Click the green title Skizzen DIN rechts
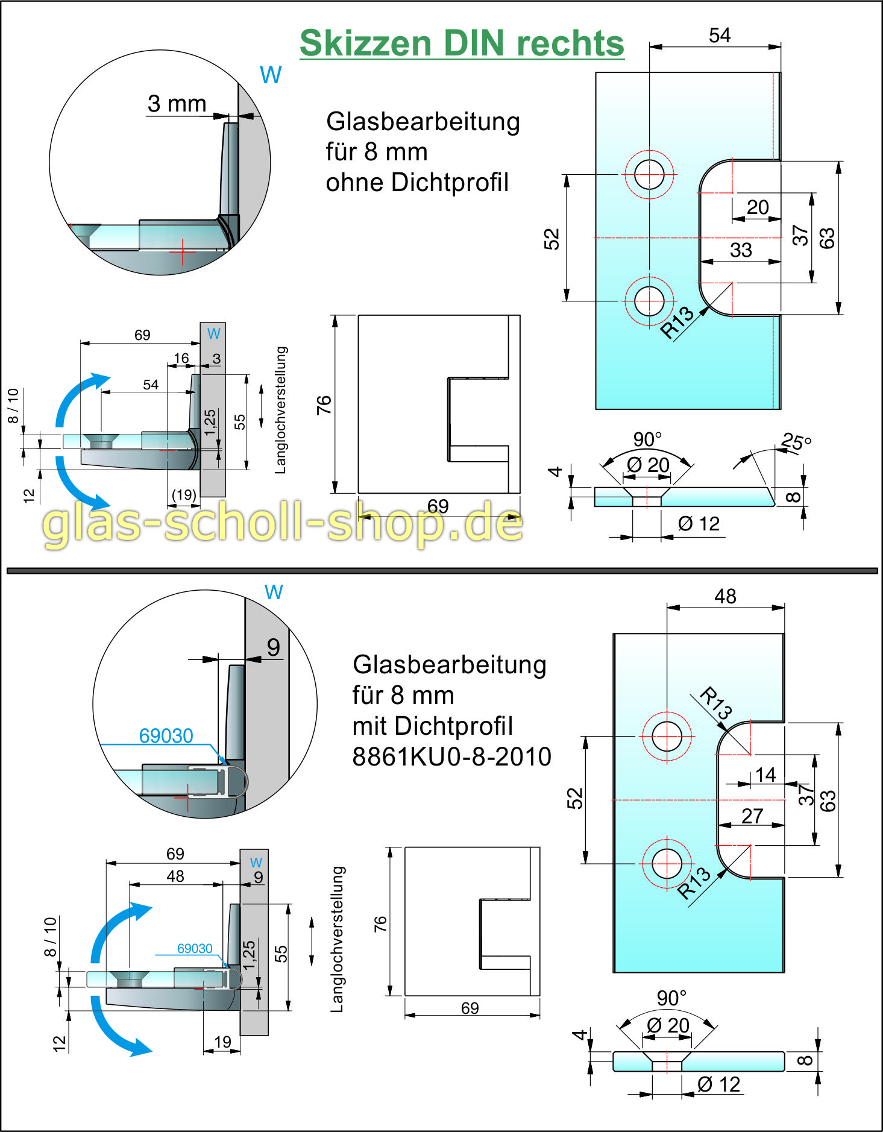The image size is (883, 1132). point(462,43)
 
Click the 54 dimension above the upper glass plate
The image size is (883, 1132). point(720,36)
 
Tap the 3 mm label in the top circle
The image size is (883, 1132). point(177,104)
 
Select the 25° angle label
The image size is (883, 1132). point(796,442)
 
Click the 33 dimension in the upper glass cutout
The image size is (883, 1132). point(741,250)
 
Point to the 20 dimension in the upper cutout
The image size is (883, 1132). point(758,207)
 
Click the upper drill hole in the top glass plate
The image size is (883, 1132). point(649,174)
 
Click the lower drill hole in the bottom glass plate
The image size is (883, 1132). point(667,863)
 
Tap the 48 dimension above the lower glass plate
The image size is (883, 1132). point(725,596)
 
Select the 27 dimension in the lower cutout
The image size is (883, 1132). point(752,816)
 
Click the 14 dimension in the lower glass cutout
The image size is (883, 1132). point(765,775)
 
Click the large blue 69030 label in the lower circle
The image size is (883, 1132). point(166,735)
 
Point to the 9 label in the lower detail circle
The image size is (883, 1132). point(274,647)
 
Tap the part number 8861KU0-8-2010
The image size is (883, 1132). point(451,756)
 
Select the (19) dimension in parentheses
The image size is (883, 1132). point(184,495)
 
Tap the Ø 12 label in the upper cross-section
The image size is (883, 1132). point(699,523)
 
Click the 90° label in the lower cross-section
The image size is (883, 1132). point(671,998)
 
